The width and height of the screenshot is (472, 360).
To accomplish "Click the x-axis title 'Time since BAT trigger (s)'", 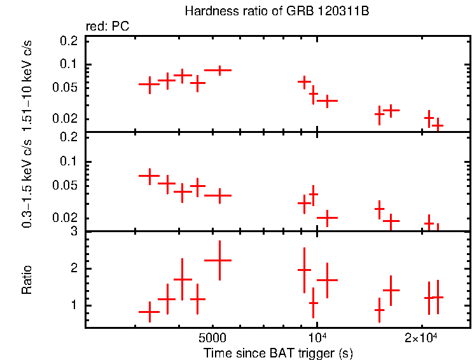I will tap(278, 352).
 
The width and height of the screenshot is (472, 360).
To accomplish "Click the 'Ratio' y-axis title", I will tap(27, 280).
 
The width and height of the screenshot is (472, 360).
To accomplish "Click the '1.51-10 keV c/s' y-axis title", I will tap(27, 83).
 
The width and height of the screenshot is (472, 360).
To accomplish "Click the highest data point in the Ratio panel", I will tap(218, 260).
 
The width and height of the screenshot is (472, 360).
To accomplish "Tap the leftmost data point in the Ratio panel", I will tap(149, 312).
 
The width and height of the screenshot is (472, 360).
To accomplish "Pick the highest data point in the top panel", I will tap(218, 70).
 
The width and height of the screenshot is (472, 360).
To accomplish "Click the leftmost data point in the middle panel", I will tap(149, 175).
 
